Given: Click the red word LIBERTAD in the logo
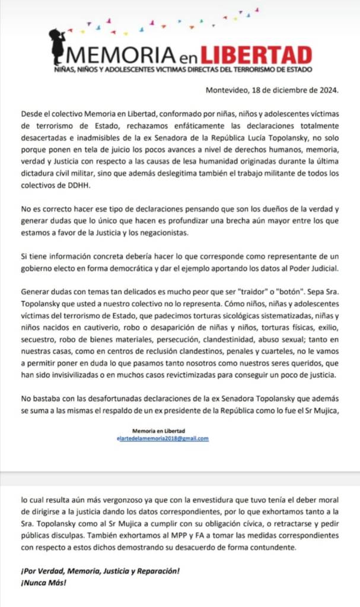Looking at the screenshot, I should click(x=256, y=55).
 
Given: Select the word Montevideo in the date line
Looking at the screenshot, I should click(x=227, y=90).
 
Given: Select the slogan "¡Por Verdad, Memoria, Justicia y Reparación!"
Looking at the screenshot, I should click(x=100, y=571).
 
